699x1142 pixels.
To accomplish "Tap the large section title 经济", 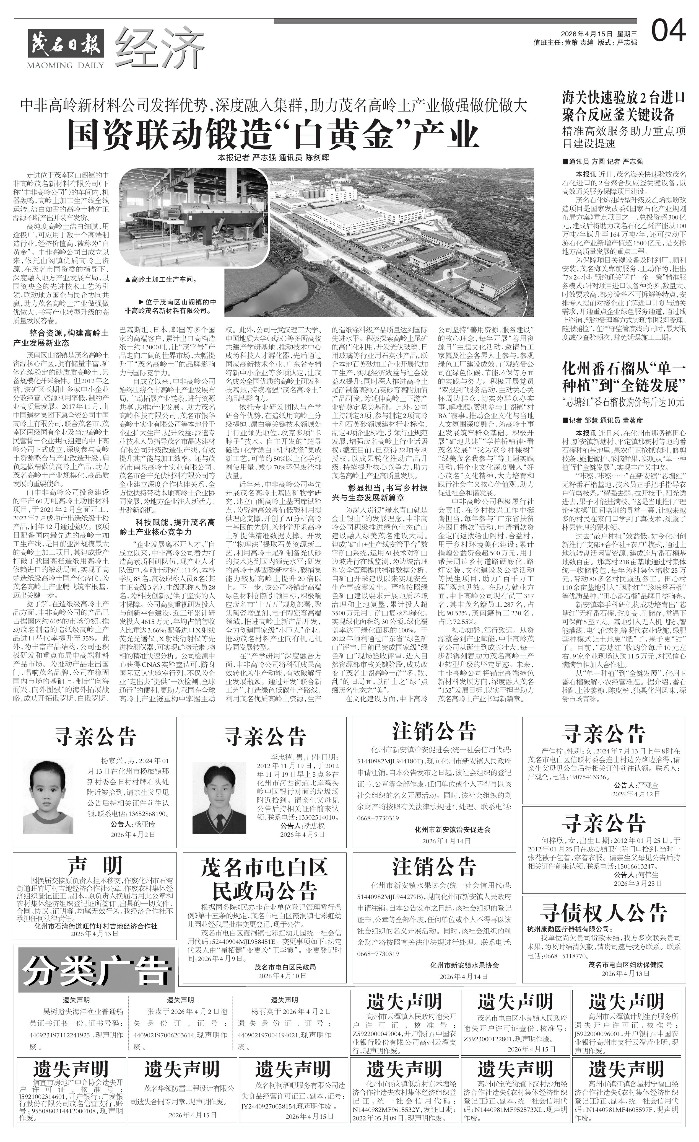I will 160,46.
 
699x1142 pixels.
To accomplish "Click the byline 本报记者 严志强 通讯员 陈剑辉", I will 273,157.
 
